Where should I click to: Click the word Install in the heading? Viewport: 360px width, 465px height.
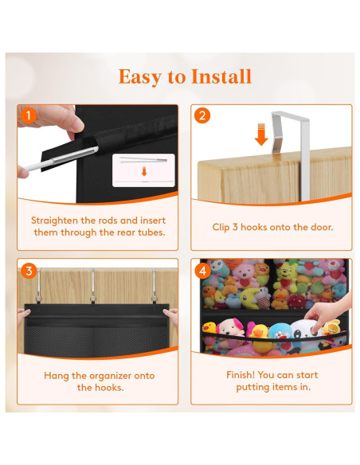tap(221, 76)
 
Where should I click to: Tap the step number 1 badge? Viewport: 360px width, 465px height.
tap(29, 115)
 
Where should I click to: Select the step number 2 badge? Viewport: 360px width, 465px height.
tap(202, 115)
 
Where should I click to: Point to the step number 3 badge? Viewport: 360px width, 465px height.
tap(29, 271)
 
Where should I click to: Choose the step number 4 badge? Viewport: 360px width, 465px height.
tap(203, 271)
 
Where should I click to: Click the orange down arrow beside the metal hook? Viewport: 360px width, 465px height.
tap(261, 135)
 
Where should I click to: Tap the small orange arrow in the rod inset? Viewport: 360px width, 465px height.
tap(144, 171)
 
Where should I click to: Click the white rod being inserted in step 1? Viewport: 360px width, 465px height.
tap(61, 158)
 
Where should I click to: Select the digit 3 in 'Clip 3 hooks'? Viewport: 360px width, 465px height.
tap(235, 227)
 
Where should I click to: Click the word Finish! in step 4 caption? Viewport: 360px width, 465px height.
tap(241, 375)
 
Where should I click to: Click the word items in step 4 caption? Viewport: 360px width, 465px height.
tap(284, 387)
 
